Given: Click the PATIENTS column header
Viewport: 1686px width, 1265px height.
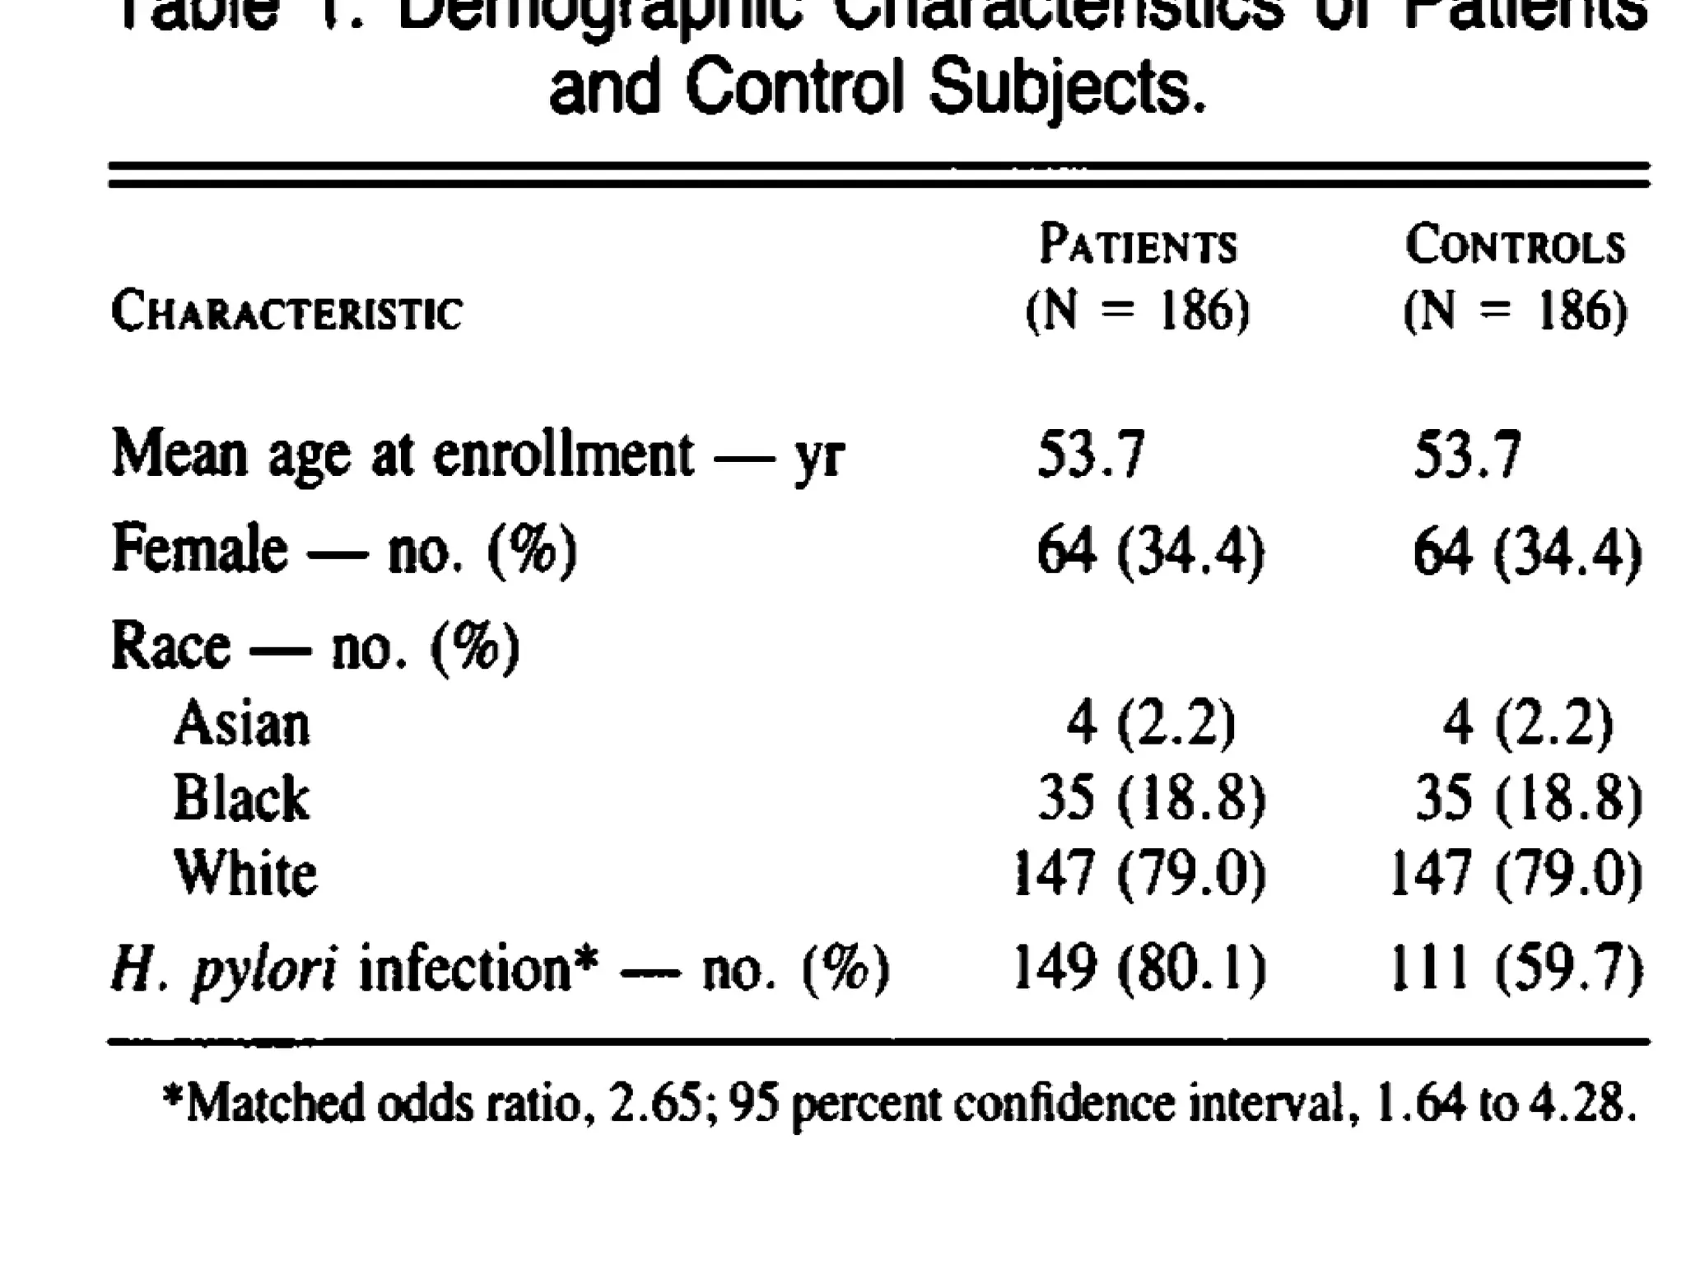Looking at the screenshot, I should coord(1138,245).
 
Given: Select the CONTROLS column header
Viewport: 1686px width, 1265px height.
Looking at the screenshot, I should coord(1515,245).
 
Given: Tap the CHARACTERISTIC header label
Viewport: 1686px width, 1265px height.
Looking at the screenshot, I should coord(286,313).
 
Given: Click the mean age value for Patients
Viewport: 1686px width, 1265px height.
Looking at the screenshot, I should coord(1091,455).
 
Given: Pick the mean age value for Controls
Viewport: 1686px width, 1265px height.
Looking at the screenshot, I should coord(1467,455).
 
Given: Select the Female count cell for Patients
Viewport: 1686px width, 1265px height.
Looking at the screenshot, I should coord(1150,551).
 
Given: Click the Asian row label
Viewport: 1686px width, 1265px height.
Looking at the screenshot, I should coord(242,724).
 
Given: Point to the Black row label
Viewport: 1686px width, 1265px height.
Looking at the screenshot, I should coord(241,798).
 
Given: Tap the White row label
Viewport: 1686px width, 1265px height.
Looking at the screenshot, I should coord(245,872).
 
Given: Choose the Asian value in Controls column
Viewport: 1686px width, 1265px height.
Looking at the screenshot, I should coord(1527,724).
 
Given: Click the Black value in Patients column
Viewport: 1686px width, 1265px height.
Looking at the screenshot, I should coord(1151,798).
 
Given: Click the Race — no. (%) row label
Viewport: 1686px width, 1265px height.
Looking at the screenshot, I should coord(315,647).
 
